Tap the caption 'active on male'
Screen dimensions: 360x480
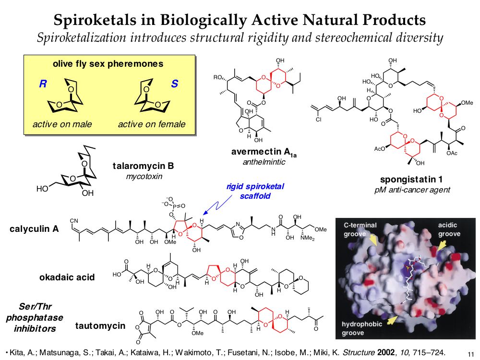(62, 124)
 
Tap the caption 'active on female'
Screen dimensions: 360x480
(152, 124)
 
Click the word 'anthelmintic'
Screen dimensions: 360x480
(264, 162)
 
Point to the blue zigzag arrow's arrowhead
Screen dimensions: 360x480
(204, 214)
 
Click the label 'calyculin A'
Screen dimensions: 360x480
(34, 229)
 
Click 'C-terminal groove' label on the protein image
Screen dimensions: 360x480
(360, 229)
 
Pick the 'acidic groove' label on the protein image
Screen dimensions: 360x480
(449, 229)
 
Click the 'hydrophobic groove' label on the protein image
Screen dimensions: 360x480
(361, 328)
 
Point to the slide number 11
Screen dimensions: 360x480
(470, 353)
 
